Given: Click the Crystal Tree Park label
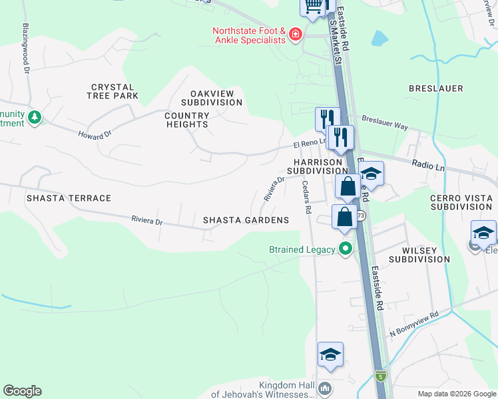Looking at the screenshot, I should click(113, 91).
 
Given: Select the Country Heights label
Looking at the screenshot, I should click(187, 120).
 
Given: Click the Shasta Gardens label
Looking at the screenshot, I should click(246, 220).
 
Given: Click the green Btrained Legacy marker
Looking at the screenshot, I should click(345, 250).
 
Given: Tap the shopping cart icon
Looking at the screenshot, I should click(312, 6).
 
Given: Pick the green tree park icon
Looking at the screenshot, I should click(34, 118).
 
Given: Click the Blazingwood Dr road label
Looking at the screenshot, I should click(27, 49).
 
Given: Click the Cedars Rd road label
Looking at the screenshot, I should click(307, 198).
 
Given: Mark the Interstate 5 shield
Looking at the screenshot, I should click(380, 376).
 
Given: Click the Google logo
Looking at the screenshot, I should click(22, 391).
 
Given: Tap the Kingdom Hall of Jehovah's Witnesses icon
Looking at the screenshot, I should click(324, 388).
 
